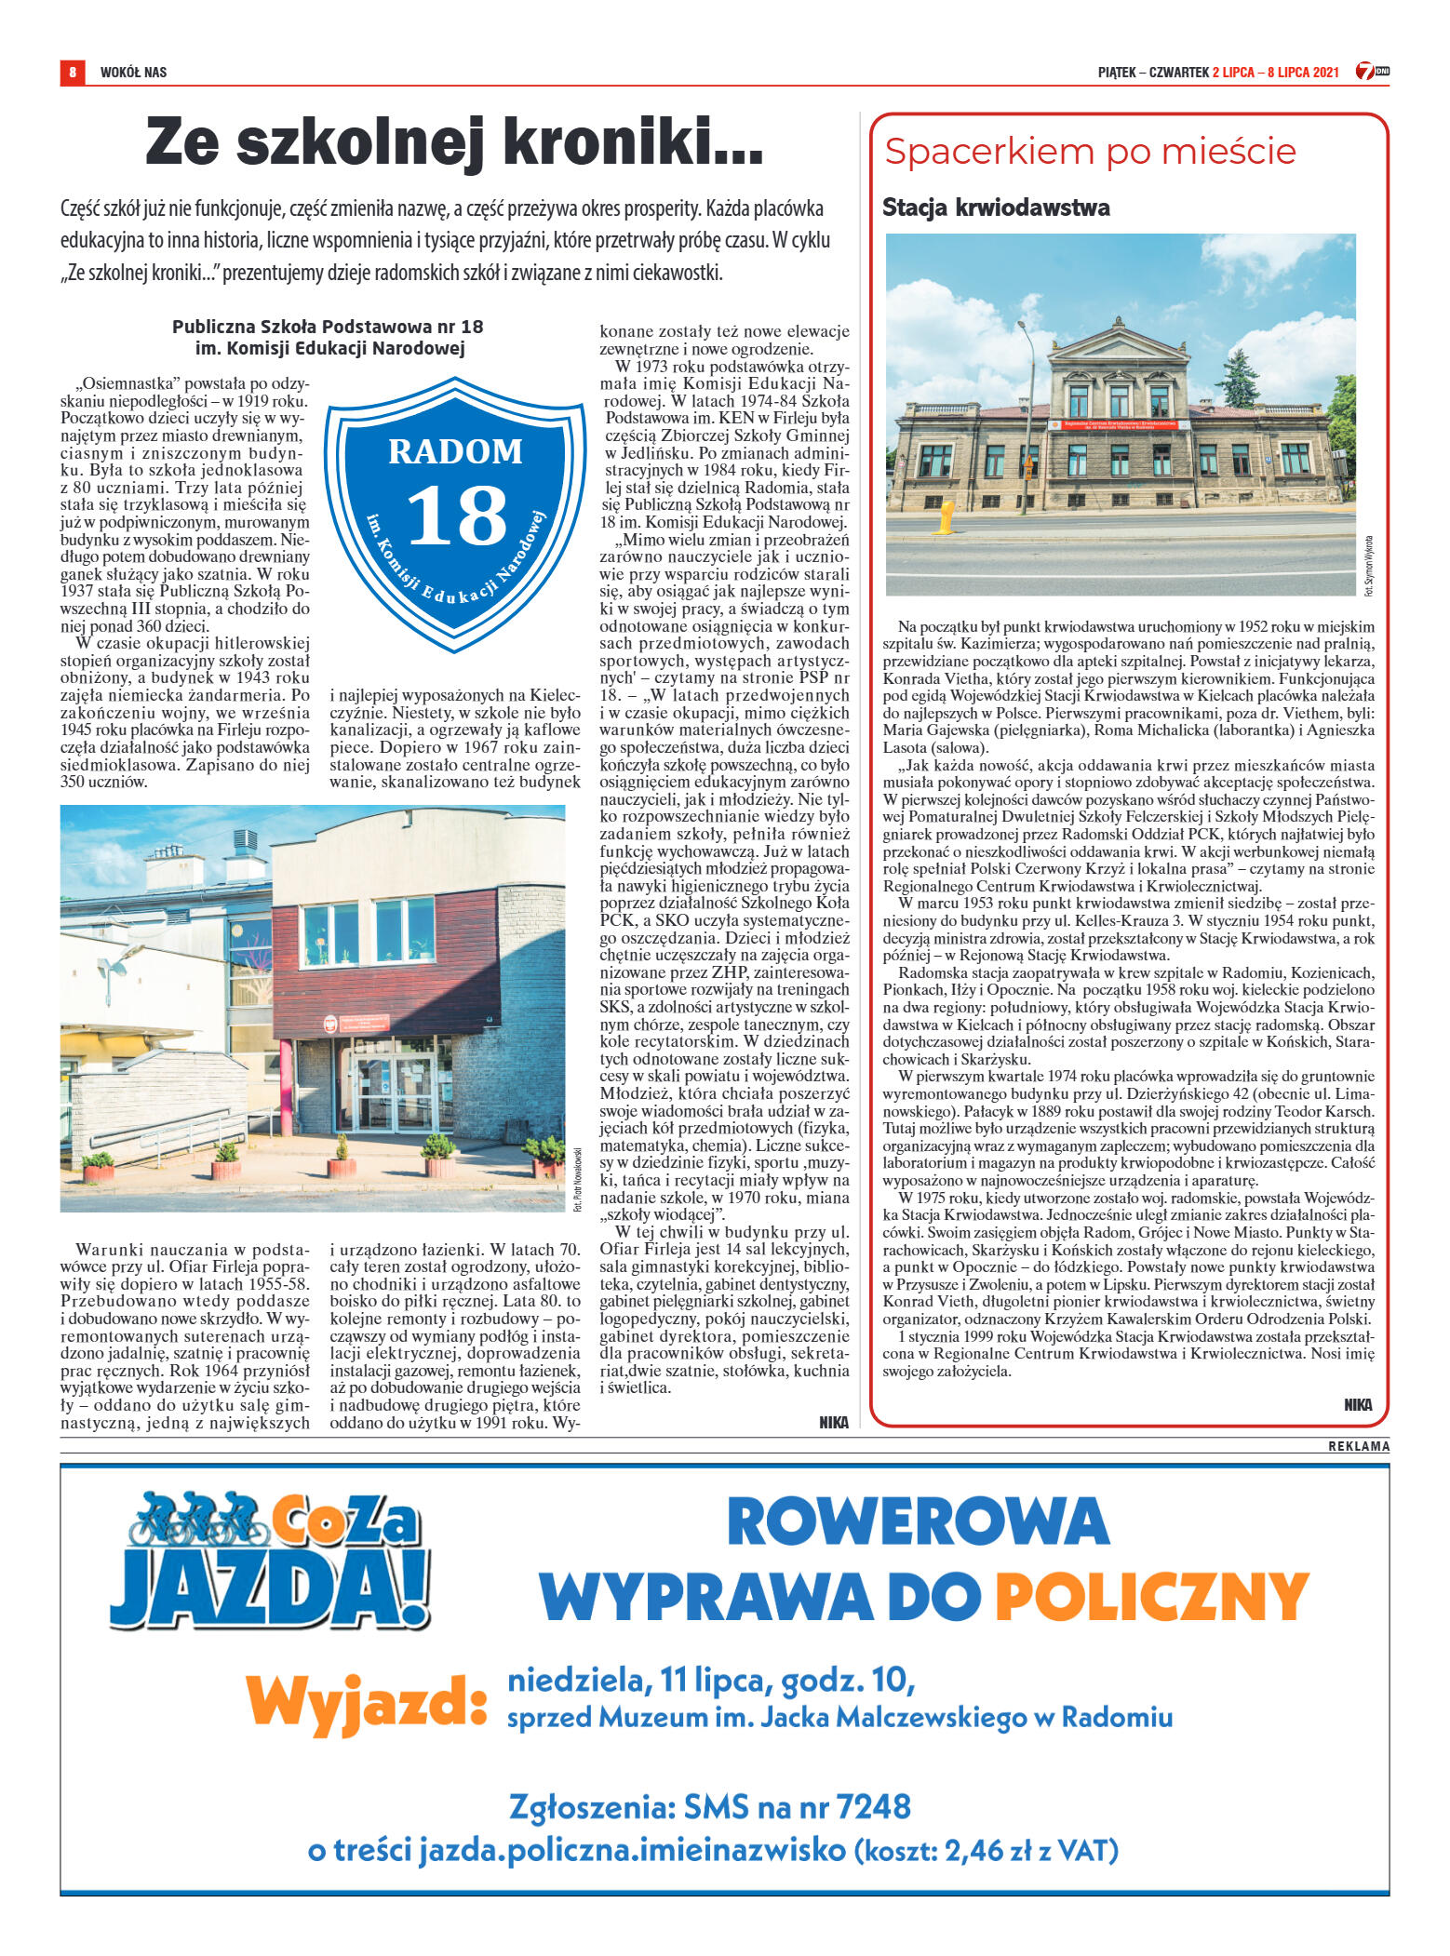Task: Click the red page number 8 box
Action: (72, 72)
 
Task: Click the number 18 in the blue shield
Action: (457, 516)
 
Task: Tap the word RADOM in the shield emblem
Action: (455, 451)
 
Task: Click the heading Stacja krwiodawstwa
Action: (996, 208)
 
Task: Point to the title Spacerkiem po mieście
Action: (1090, 152)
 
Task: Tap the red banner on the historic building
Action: (1119, 424)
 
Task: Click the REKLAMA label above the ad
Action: (1358, 1446)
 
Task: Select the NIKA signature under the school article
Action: (833, 1422)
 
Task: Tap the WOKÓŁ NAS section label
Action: (133, 73)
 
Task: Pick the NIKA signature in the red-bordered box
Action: (1357, 1404)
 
